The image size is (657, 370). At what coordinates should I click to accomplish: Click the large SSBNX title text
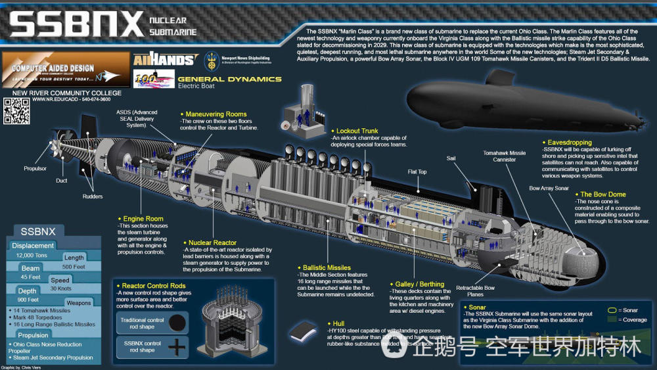pos(76,25)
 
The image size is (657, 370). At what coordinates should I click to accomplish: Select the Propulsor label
pos(34,168)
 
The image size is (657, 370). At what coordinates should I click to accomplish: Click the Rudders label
pos(93,195)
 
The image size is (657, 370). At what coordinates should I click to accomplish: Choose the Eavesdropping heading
pos(567,142)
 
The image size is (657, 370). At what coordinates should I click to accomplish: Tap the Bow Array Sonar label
pos(549,188)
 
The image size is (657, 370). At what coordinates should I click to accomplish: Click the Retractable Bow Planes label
pos(476,291)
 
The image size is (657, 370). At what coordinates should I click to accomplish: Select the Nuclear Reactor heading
pos(212,243)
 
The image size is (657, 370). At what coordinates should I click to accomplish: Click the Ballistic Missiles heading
pos(326,267)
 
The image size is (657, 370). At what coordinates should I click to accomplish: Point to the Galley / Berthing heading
pos(419,284)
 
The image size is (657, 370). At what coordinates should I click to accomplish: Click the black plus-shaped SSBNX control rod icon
pos(177,346)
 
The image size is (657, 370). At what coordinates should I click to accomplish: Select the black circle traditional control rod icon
pos(177,323)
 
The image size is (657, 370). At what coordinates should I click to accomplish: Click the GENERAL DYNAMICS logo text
pos(229,79)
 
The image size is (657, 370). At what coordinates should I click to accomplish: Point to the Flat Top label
pos(417,173)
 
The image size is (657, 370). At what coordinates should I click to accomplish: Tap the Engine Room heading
pos(143,219)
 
